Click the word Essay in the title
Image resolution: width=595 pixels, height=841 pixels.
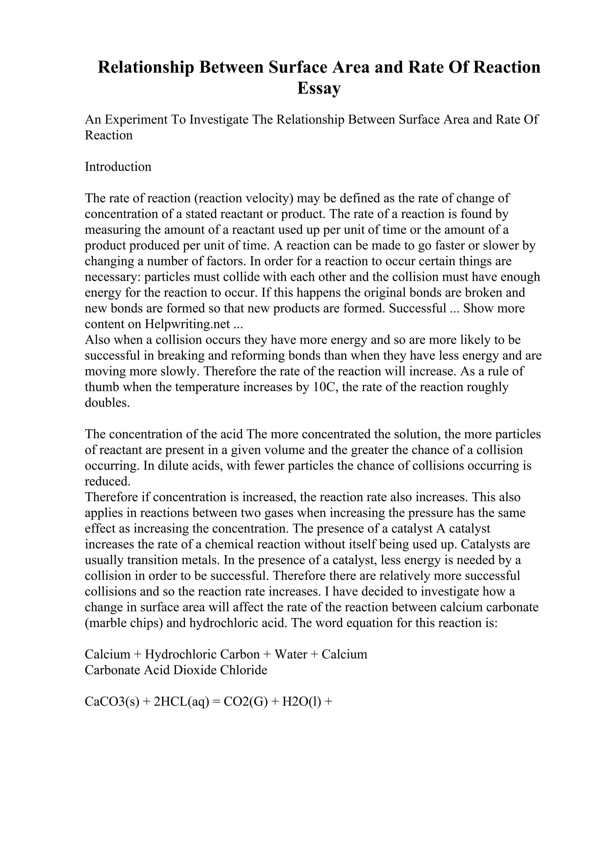(x=319, y=88)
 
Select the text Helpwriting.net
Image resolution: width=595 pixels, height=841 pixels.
(x=187, y=324)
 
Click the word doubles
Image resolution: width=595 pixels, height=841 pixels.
(x=107, y=403)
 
